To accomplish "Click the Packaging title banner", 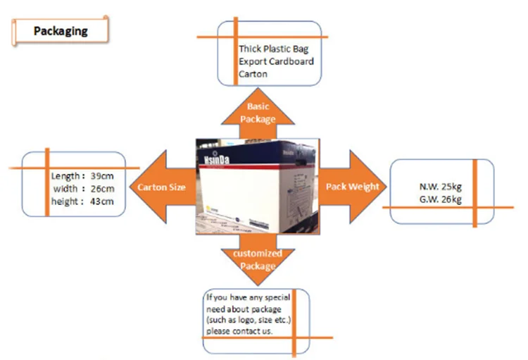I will tap(61, 31).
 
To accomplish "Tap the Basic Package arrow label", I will tap(256, 113).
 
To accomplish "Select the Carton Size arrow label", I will tap(162, 187).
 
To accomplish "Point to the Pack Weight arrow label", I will tap(352, 187).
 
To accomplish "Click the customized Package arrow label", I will tap(256, 260).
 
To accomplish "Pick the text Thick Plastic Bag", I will tap(273, 49).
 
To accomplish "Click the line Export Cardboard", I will tap(276, 61).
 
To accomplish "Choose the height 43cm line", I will tap(83, 202).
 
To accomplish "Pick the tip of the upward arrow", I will tap(256, 87).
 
